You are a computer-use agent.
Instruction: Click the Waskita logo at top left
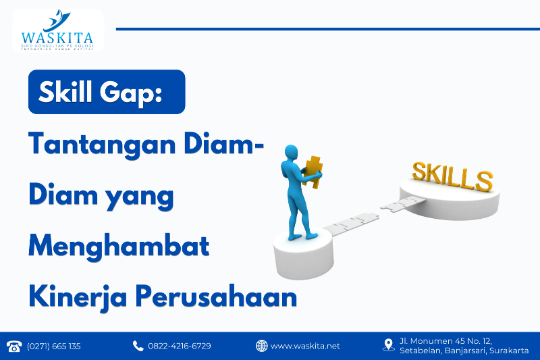57,31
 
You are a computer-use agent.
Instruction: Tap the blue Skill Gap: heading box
106,92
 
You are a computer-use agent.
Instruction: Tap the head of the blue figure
291,151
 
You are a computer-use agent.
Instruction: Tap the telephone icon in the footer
13,346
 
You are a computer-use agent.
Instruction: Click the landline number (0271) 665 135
54,346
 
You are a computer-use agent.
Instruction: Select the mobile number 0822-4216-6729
180,346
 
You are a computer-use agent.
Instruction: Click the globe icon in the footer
261,346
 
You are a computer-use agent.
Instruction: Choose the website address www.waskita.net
305,346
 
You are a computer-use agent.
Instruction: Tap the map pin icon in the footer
388,345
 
